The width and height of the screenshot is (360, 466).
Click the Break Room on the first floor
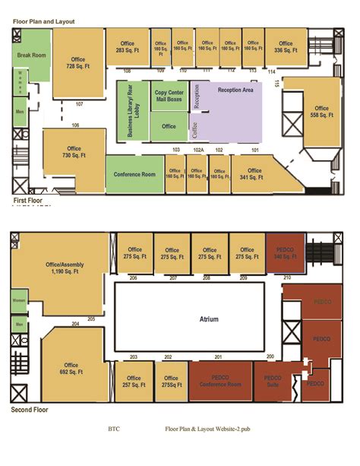point(31,56)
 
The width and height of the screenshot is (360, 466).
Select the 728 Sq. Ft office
point(77,64)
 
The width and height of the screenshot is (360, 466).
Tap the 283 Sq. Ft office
point(126,47)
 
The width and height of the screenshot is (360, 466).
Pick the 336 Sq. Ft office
point(286,47)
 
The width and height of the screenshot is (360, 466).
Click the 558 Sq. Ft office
point(321,112)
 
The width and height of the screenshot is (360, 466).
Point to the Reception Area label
point(235,90)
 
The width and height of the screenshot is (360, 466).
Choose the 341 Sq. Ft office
point(251,173)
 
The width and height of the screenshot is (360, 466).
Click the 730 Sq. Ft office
point(74,153)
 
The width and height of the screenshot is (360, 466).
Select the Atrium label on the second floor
point(209,319)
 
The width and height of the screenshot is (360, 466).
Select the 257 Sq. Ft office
point(134,382)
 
